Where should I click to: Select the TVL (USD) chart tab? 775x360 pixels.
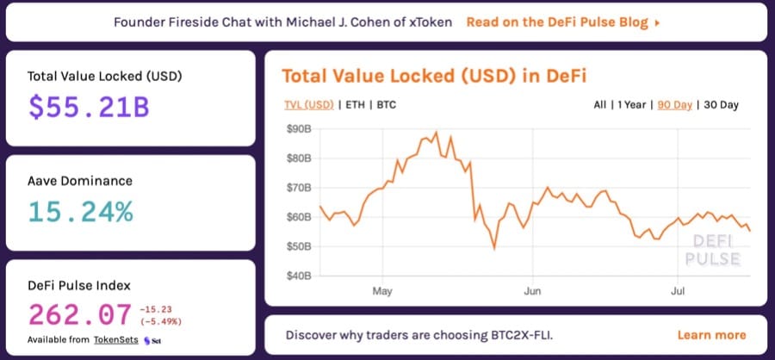308,105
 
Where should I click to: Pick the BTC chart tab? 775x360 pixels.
387,105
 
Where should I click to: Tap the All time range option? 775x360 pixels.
599,105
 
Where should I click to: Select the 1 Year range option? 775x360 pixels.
633,105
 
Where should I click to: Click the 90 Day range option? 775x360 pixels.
674,105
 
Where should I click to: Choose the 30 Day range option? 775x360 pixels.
721,105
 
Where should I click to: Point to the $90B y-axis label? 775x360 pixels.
299,129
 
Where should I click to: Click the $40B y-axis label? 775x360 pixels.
299,276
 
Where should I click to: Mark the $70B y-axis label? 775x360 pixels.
299,188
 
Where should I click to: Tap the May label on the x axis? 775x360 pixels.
382,291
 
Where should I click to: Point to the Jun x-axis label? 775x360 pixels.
531,291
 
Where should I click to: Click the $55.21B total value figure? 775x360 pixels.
89,107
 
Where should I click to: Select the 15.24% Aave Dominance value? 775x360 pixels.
81,210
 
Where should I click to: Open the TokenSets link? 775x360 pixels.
115,340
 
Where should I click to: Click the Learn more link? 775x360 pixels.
711,335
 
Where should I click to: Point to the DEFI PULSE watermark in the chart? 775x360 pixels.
710,250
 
